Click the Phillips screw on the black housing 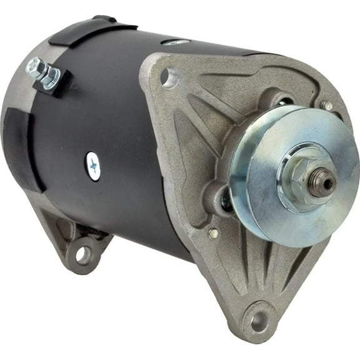92,166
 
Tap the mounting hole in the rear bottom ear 83,254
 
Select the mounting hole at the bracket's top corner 166,76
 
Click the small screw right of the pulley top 326,106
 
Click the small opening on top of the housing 176,42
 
